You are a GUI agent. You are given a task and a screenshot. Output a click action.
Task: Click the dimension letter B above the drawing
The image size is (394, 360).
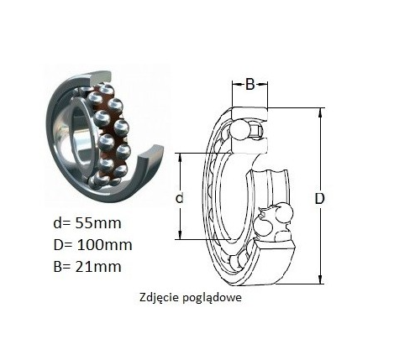pyautogui.click(x=250, y=84)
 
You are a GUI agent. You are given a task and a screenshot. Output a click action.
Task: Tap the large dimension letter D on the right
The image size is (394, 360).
pyautogui.click(x=319, y=199)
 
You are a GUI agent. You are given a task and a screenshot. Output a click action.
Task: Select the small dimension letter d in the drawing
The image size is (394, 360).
pyautogui.click(x=179, y=198)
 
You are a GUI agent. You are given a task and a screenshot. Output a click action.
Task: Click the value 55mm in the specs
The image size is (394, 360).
pyautogui.click(x=98, y=223)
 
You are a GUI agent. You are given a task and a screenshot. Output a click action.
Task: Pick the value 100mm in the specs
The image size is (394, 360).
pyautogui.click(x=104, y=245)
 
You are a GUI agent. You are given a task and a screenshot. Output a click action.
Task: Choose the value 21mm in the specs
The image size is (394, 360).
pyautogui.click(x=98, y=266)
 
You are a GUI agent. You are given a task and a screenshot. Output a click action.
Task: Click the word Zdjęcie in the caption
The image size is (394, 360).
pyautogui.click(x=159, y=298)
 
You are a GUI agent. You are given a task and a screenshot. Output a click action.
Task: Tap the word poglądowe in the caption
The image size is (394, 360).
pyautogui.click(x=213, y=298)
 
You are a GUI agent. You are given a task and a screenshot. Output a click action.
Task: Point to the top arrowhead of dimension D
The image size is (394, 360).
pyautogui.click(x=320, y=112)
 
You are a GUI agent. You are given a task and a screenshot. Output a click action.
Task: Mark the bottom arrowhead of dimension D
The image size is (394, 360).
pyautogui.click(x=320, y=279)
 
